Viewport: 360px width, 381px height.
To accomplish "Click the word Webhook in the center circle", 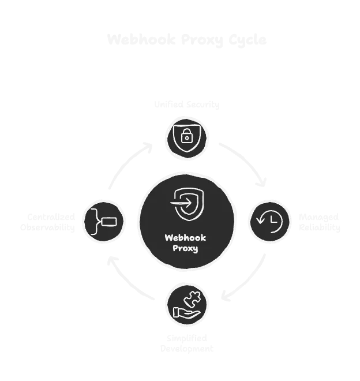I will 186,237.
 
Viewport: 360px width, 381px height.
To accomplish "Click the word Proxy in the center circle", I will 186,248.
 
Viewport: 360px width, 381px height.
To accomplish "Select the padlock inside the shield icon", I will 186,137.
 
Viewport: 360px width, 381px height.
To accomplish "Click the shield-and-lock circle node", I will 186,137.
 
